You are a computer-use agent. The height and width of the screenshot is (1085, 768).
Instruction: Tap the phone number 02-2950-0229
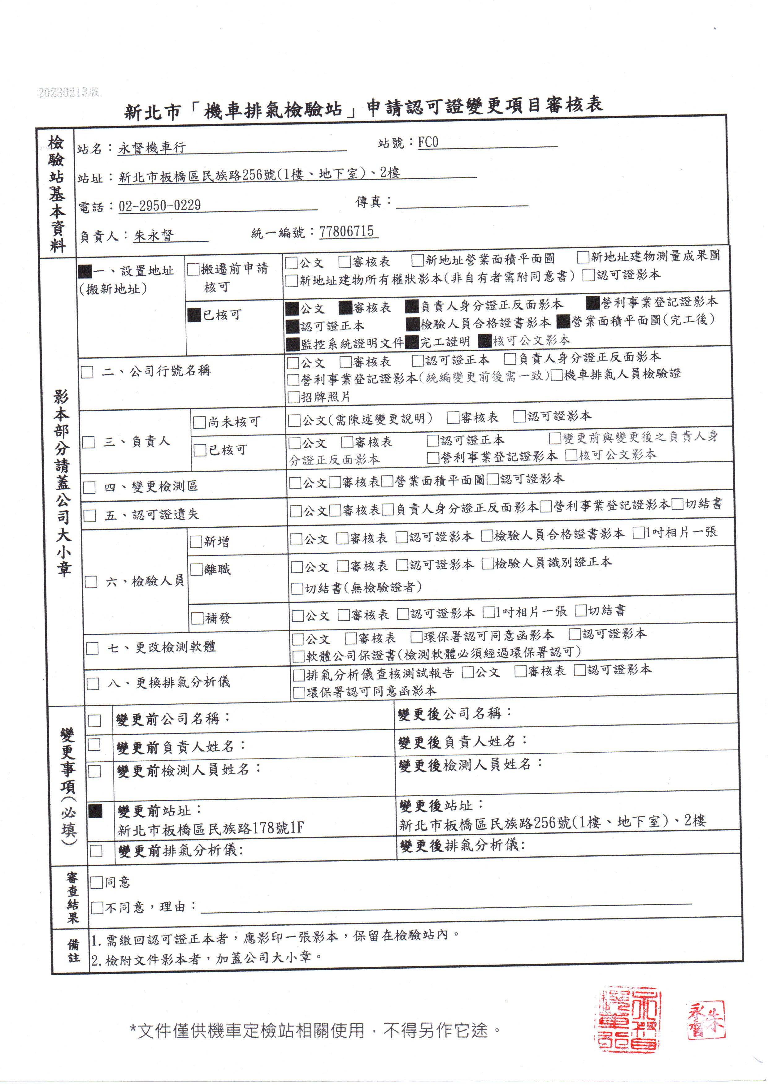point(159,206)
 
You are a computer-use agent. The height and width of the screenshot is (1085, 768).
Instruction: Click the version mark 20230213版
point(69,92)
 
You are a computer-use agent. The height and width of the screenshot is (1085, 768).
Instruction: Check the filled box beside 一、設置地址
point(85,271)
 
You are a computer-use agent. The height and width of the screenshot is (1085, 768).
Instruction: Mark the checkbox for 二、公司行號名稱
point(87,372)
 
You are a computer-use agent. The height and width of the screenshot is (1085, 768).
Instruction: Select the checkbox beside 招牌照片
point(294,397)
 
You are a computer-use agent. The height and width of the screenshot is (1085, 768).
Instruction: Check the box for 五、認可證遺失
point(90,515)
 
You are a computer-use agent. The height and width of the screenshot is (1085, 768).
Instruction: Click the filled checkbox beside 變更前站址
point(96,811)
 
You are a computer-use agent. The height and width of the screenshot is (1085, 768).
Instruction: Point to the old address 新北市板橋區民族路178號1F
point(210,828)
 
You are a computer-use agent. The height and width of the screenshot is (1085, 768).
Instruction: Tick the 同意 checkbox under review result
point(97,882)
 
